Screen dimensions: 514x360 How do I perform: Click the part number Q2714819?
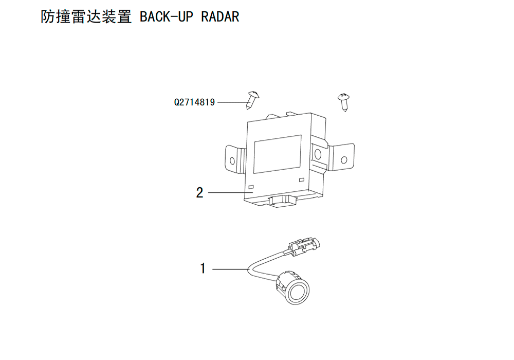(x=194, y=102)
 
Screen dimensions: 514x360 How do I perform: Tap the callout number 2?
(x=199, y=192)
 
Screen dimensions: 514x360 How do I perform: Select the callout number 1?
(x=203, y=268)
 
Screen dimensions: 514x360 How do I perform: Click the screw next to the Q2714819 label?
(x=252, y=100)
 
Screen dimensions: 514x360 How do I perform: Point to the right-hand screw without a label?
(x=343, y=102)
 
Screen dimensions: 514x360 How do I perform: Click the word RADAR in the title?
(x=220, y=17)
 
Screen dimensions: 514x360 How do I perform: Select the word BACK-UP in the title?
(x=167, y=17)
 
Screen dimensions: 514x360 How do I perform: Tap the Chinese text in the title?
(x=86, y=17)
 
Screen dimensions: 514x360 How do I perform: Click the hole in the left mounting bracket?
(x=232, y=160)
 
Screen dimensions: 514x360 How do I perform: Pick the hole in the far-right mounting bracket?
(x=344, y=160)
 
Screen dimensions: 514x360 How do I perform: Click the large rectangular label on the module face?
(x=278, y=154)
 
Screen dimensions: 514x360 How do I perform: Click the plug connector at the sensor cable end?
(x=304, y=245)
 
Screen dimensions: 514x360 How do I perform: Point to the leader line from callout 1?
(x=230, y=269)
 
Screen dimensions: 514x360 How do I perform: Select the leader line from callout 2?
(x=230, y=192)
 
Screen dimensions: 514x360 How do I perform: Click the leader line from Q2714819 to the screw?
(x=232, y=102)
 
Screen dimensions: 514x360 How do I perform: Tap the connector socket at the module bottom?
(x=282, y=201)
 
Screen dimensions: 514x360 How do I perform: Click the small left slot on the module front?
(x=251, y=187)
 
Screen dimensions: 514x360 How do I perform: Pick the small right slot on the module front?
(x=302, y=179)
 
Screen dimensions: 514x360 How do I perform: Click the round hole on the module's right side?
(x=317, y=154)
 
